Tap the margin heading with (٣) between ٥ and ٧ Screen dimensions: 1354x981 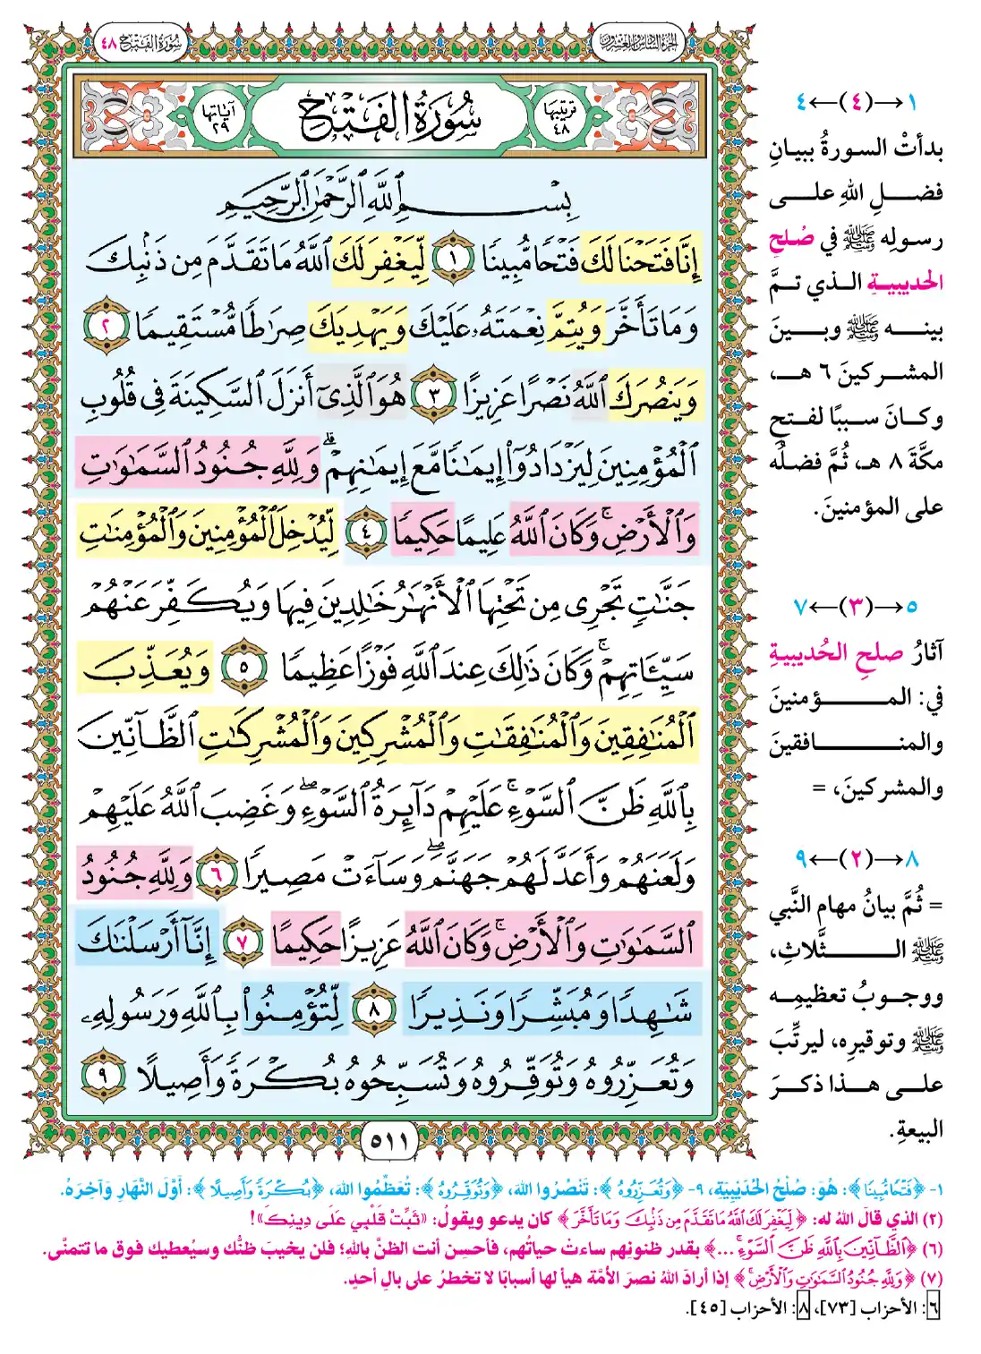pyautogui.click(x=856, y=607)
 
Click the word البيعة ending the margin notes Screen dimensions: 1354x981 pyautogui.click(x=917, y=1129)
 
